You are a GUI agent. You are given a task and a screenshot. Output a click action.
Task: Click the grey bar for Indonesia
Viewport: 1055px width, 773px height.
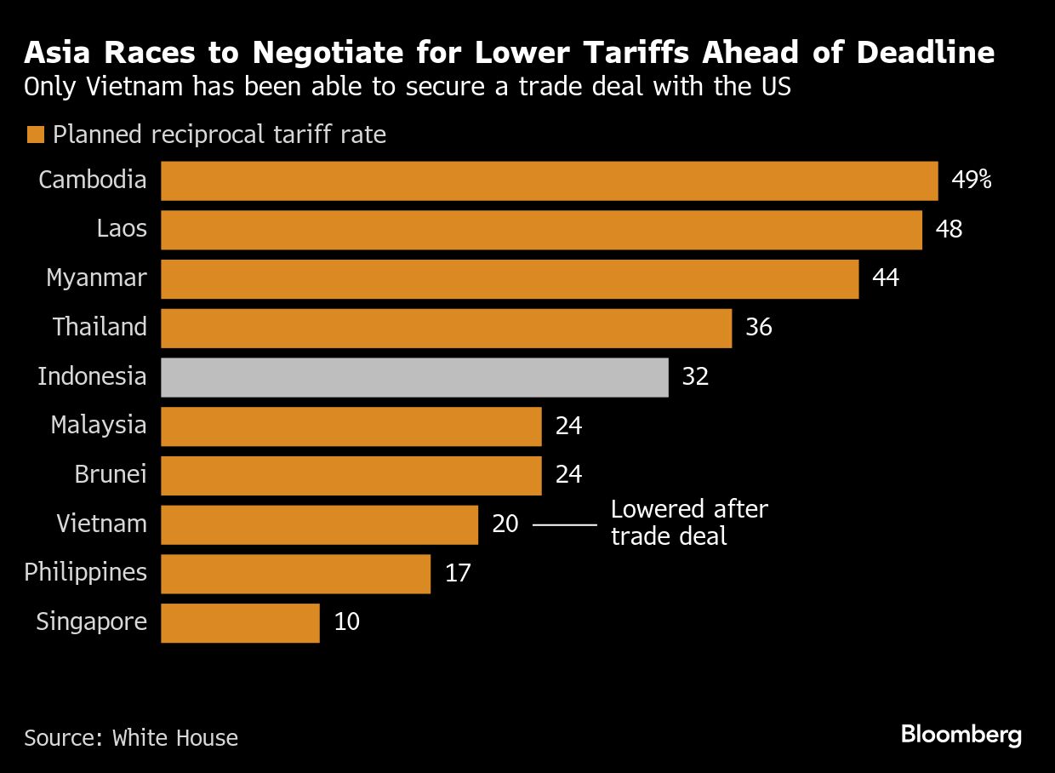pyautogui.click(x=414, y=377)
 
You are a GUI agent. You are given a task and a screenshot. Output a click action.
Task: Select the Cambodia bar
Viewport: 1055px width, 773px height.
pyautogui.click(x=549, y=181)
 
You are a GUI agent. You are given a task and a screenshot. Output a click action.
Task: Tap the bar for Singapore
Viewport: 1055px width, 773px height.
pyautogui.click(x=240, y=622)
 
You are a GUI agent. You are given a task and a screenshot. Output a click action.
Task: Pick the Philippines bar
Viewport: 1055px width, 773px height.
pyautogui.click(x=295, y=573)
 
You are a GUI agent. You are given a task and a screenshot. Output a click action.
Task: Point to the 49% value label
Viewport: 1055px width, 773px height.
pyautogui.click(x=972, y=180)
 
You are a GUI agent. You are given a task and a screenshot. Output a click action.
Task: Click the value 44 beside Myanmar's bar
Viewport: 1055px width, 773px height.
pyautogui.click(x=886, y=278)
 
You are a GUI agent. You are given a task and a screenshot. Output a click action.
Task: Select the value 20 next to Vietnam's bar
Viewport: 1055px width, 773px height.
pyautogui.click(x=505, y=524)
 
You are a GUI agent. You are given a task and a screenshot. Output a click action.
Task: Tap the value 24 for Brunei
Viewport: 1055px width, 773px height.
pyautogui.click(x=568, y=474)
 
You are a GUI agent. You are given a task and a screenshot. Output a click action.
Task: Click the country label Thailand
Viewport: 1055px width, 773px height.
pyautogui.click(x=100, y=328)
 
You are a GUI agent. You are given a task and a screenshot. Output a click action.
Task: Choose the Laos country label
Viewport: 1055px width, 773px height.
pyautogui.click(x=122, y=229)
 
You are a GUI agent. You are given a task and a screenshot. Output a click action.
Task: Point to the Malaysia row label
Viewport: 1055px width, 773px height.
pyautogui.click(x=99, y=425)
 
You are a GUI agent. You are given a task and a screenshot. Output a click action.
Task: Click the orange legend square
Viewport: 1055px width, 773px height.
pyautogui.click(x=35, y=135)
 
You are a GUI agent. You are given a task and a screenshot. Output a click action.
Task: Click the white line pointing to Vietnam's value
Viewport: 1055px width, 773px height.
pyautogui.click(x=564, y=524)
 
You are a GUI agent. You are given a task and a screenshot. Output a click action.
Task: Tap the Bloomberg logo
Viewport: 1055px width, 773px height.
pyautogui.click(x=961, y=735)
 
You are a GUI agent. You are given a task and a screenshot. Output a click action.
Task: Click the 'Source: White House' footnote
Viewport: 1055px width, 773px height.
pyautogui.click(x=131, y=737)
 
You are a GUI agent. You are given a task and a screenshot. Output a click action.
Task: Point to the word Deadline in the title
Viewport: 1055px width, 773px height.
pyautogui.click(x=926, y=54)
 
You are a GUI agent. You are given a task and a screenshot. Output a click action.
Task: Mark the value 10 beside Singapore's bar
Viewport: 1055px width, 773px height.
pyautogui.click(x=347, y=622)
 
